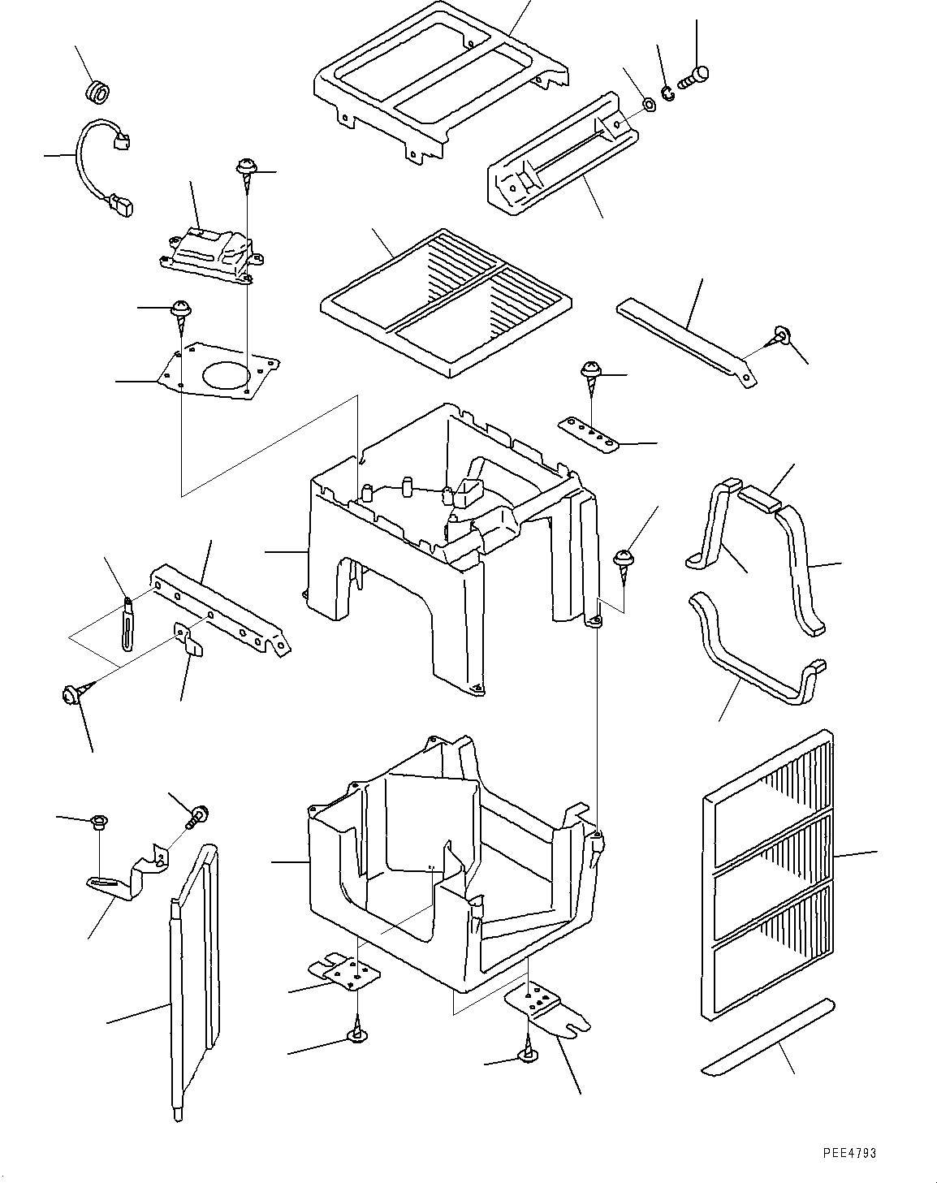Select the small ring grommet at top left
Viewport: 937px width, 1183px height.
click(x=98, y=93)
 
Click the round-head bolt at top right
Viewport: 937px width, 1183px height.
click(x=693, y=78)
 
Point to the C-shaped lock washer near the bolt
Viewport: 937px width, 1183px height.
click(x=668, y=94)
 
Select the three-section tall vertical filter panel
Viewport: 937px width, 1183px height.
click(x=768, y=876)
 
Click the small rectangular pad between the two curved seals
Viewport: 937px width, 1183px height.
click(x=758, y=500)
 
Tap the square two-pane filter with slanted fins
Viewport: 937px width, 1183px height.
click(x=446, y=303)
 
